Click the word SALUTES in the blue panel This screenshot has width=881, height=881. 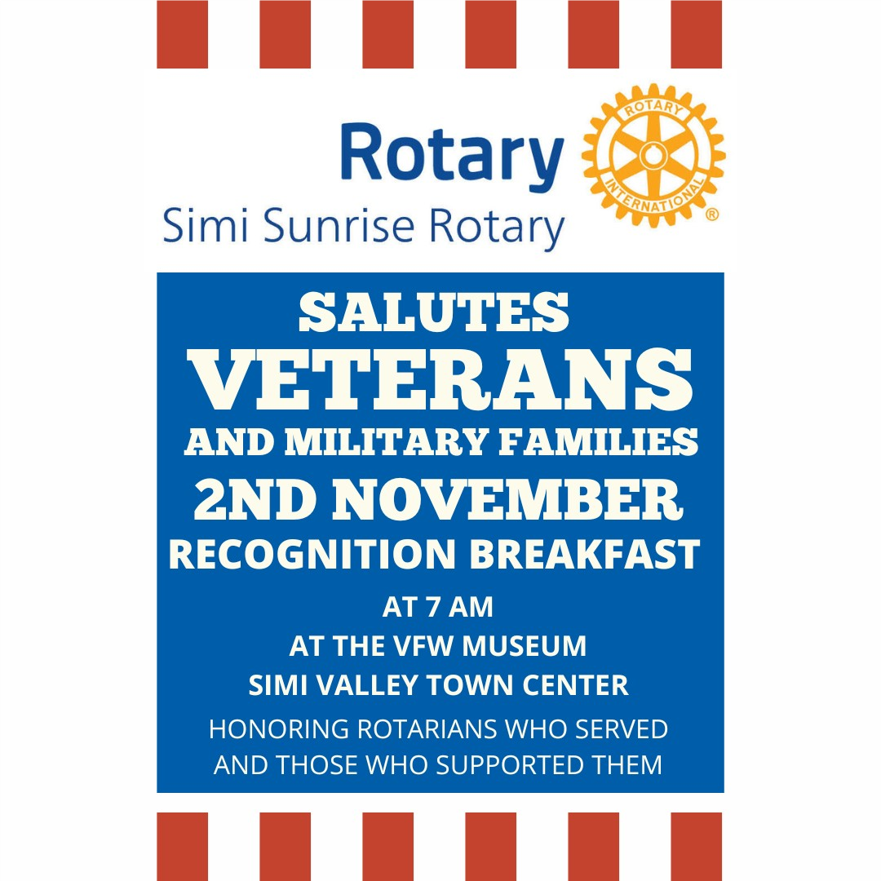pyautogui.click(x=434, y=312)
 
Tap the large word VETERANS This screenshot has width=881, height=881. pyautogui.click(x=440, y=380)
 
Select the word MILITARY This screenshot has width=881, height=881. pyautogui.click(x=386, y=442)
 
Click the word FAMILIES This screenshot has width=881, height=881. pyautogui.click(x=599, y=442)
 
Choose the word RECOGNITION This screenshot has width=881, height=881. pyautogui.click(x=312, y=555)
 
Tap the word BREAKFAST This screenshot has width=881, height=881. pyautogui.click(x=584, y=555)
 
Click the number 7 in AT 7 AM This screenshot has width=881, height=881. pyautogui.click(x=432, y=608)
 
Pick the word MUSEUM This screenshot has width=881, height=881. pyautogui.click(x=525, y=646)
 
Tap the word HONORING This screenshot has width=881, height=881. pyautogui.click(x=279, y=729)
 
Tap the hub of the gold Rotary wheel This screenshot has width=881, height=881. pyautogui.click(x=653, y=156)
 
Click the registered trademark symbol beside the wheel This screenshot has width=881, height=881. pyautogui.click(x=712, y=214)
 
